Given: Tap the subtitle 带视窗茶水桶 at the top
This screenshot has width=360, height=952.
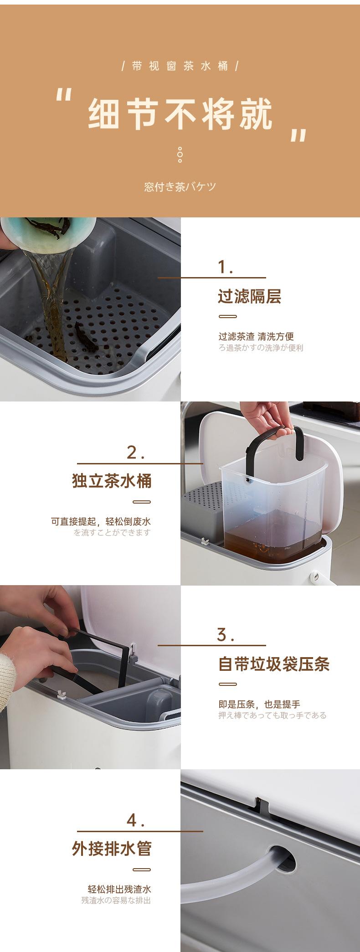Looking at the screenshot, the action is pos(180,66).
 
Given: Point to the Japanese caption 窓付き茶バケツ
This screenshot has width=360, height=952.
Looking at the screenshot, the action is pos(180,187).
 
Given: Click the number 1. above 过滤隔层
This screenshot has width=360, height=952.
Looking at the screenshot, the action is pos(226,267).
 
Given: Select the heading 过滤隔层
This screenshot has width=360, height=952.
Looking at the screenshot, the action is pos(249,296).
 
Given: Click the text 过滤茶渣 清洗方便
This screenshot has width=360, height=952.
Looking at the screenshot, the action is pos(256,337).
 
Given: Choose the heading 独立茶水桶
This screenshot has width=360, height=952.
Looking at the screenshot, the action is pos(112,481).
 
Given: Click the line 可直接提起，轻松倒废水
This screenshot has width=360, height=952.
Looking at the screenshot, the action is pos(101,522).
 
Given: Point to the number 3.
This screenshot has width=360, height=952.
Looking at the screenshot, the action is pos(226,634).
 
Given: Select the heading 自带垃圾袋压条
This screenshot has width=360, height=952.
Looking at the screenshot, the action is pos(273,664).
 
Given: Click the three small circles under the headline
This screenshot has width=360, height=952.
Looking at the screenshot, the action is pos(180,155).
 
